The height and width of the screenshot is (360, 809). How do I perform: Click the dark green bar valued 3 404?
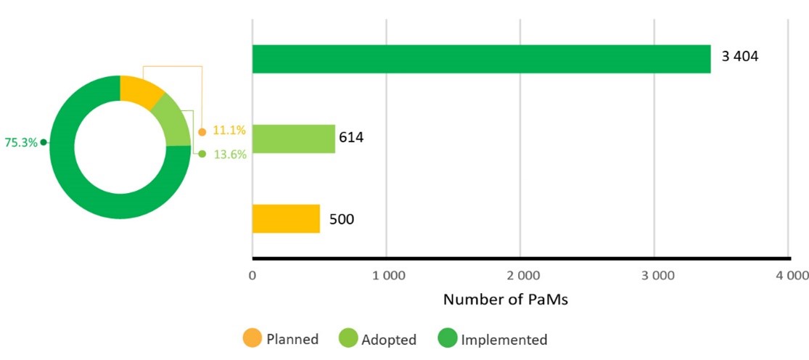coord(481,59)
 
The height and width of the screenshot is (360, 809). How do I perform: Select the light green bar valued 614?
coord(293,139)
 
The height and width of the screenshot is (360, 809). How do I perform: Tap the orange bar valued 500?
coord(286,218)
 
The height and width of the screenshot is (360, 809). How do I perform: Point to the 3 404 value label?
coord(739,57)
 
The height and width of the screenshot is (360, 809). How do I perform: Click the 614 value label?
coord(350,137)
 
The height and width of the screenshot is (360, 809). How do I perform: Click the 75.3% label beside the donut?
coord(21,143)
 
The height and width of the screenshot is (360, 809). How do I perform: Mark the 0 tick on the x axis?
coord(252,276)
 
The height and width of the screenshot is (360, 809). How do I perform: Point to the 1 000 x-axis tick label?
coord(386,276)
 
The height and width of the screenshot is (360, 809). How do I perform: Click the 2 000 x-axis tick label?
coord(520,276)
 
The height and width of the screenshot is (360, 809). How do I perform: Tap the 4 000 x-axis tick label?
coord(789,276)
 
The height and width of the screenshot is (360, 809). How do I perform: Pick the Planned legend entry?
coord(281,339)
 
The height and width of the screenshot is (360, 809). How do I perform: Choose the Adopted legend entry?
coord(378,339)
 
